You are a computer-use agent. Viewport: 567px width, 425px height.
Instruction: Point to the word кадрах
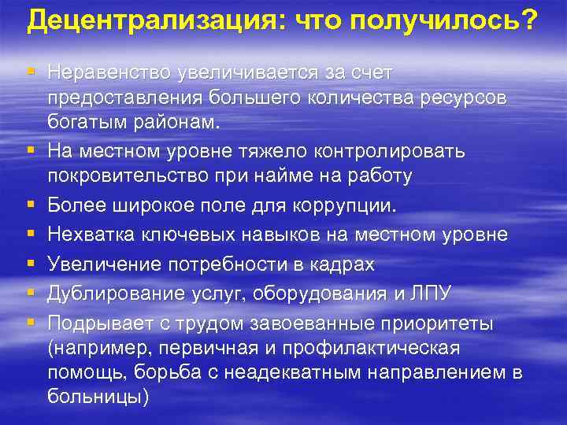click(x=339, y=264)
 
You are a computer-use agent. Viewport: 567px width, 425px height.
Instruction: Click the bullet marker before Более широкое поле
click(x=28, y=205)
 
